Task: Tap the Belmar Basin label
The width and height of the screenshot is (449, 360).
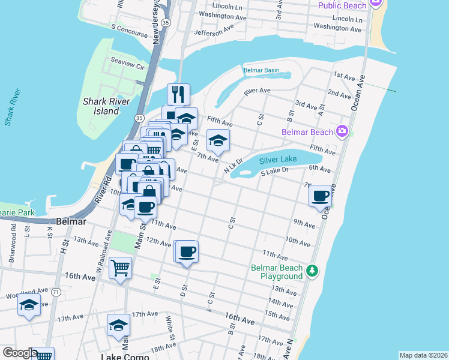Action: coord(261,70)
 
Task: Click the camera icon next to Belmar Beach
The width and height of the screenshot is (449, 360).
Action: coord(342,131)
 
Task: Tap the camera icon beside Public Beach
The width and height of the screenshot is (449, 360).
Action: coord(376,4)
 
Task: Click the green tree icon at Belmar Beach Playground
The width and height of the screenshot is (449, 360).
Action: coord(312,271)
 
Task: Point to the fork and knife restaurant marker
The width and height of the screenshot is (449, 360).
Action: coord(178,94)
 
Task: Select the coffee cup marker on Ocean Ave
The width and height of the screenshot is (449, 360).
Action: coord(321,196)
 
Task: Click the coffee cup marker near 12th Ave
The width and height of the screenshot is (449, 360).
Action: coord(187,251)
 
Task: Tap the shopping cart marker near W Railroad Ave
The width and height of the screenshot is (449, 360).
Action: coord(121,268)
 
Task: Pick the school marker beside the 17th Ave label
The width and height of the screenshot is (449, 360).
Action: coord(118,325)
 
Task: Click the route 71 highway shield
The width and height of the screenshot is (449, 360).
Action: coord(56,292)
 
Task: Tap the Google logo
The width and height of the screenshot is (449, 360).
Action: coord(20,353)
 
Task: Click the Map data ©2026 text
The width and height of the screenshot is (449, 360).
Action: coord(423,355)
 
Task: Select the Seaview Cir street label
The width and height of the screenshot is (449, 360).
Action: coord(128,61)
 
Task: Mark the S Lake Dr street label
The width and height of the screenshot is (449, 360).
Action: coord(275,172)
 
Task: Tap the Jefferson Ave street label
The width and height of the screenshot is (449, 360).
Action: coord(213,30)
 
